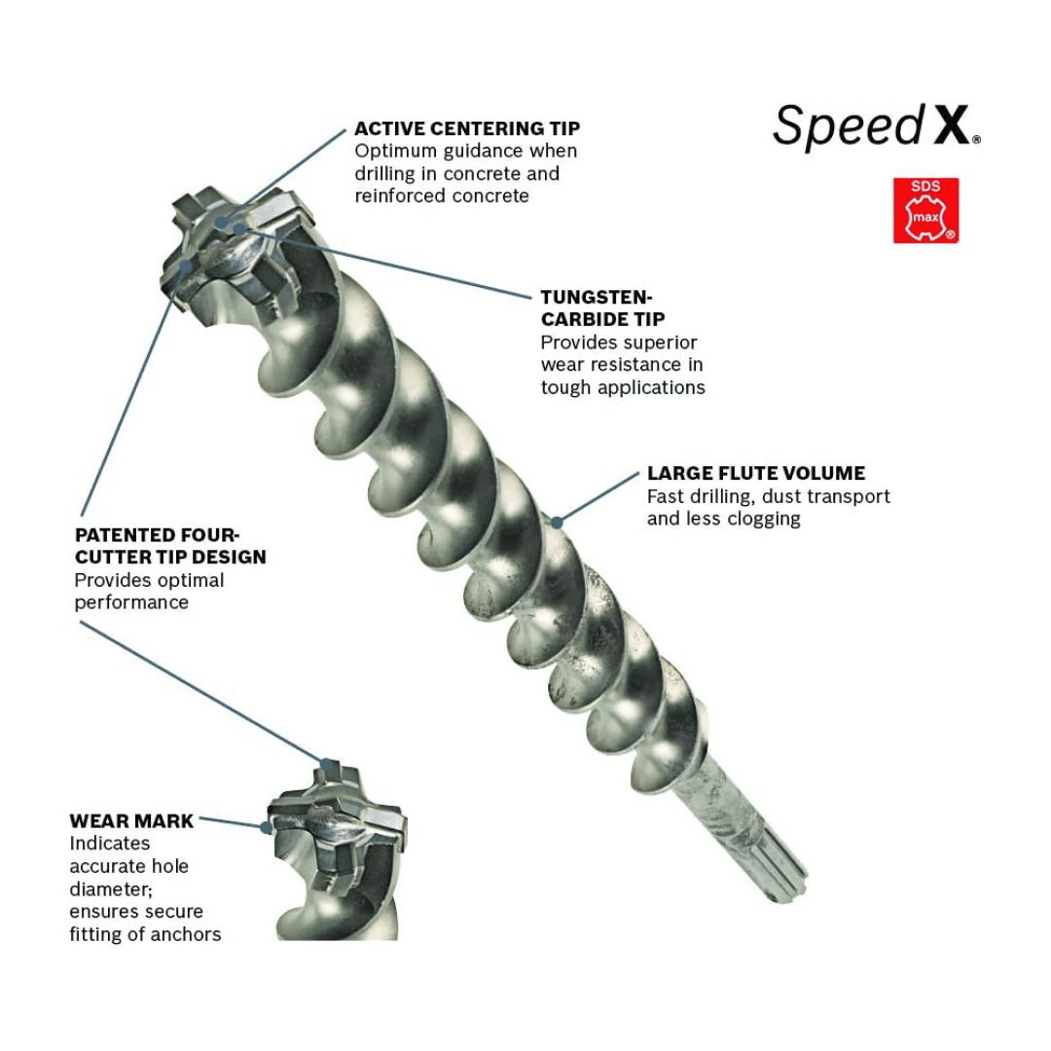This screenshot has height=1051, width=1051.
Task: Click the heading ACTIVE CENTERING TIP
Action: pyautogui.click(x=467, y=128)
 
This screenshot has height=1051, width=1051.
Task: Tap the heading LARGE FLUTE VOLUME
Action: pyautogui.click(x=755, y=474)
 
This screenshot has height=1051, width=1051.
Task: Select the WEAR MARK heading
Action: pyautogui.click(x=131, y=821)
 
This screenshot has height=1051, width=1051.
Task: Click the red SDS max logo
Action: pyautogui.click(x=925, y=210)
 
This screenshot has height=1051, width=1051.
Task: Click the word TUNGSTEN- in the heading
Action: pyautogui.click(x=597, y=297)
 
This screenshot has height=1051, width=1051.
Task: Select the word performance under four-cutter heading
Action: pyautogui.click(x=131, y=602)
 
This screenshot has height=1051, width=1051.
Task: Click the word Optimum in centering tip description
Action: pyautogui.click(x=393, y=151)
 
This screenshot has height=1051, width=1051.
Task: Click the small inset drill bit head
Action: pyautogui.click(x=336, y=827)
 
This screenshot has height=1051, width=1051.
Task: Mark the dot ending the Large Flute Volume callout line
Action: pyautogui.click(x=557, y=522)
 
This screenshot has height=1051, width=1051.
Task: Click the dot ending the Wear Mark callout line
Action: pyautogui.click(x=266, y=827)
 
